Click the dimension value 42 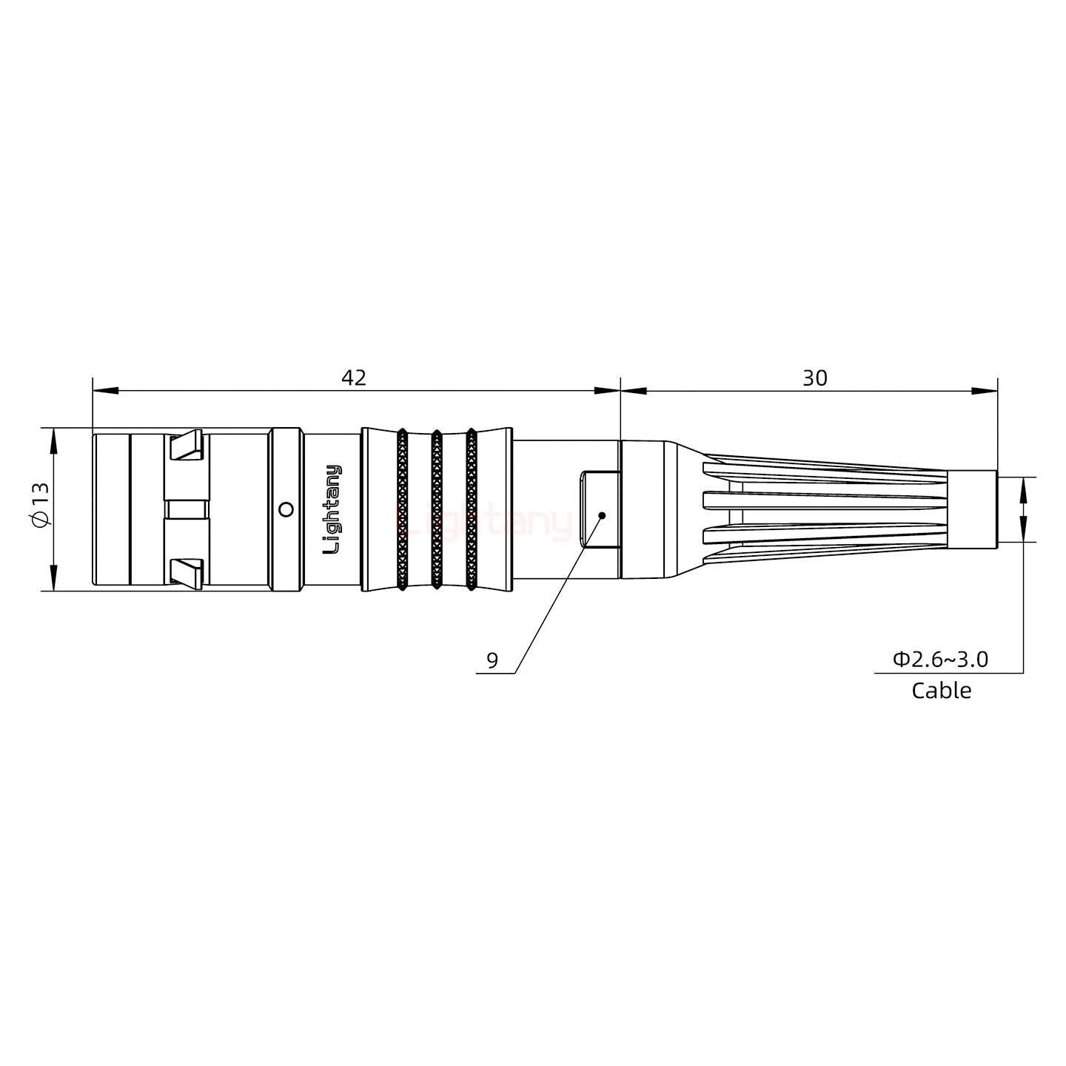click(x=354, y=378)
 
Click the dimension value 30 click(x=815, y=378)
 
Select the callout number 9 click(x=492, y=660)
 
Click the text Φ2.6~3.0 click(x=940, y=659)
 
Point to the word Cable click(x=941, y=691)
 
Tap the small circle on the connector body click(x=285, y=509)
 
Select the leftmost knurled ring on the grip click(x=402, y=509)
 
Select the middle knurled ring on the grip click(x=436, y=509)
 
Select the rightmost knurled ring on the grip click(x=471, y=509)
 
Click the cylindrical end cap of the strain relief click(x=972, y=509)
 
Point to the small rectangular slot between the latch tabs click(x=187, y=509)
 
